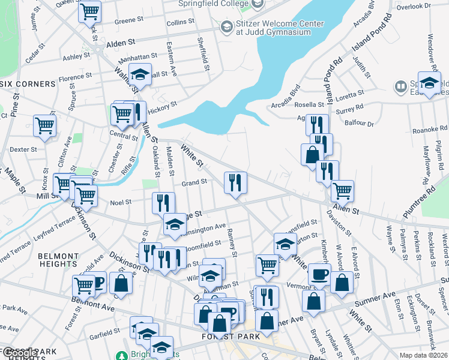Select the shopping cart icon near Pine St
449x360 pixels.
[x=44, y=125]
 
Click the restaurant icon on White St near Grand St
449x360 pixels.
[x=235, y=182]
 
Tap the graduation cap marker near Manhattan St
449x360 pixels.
[x=139, y=74]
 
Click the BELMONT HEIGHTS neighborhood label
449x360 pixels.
[x=58, y=260]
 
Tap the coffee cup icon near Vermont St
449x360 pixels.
[x=319, y=274]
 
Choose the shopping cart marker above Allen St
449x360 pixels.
[x=342, y=191]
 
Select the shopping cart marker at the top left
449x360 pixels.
[x=89, y=11]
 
